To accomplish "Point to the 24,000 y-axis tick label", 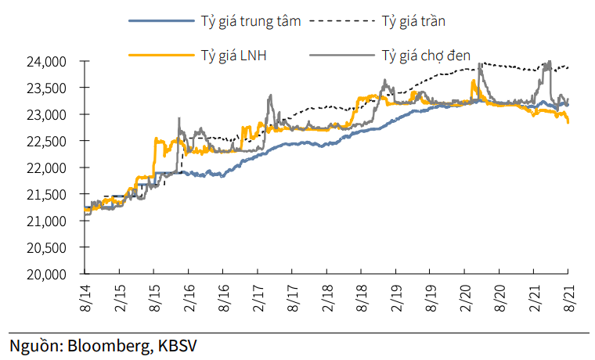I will click(52, 62).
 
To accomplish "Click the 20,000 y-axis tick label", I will click(52, 275).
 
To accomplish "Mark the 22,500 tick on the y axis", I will click(52, 142).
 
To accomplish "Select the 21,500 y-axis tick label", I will click(52, 195).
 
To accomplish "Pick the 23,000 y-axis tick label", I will click(52, 115).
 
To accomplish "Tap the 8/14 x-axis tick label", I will click(84, 300).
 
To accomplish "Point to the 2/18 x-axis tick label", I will click(326, 300).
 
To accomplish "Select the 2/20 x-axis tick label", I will click(463, 300).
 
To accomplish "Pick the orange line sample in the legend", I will click(157, 55).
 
